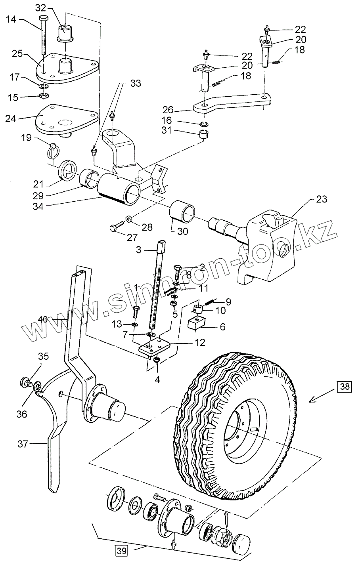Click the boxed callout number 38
coord(345,386)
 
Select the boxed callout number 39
coord(122,550)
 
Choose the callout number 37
coord(23,444)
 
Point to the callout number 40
coord(44,319)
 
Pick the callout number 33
coord(136,84)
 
